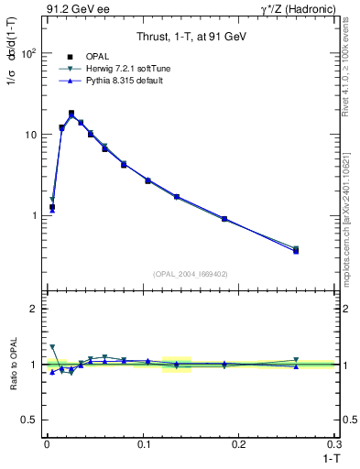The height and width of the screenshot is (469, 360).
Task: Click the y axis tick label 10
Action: click(29, 135)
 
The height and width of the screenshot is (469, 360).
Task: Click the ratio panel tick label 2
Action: click(33, 309)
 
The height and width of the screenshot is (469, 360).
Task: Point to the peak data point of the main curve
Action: click(71, 114)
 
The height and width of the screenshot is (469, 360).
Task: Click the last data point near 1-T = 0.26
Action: click(296, 250)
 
